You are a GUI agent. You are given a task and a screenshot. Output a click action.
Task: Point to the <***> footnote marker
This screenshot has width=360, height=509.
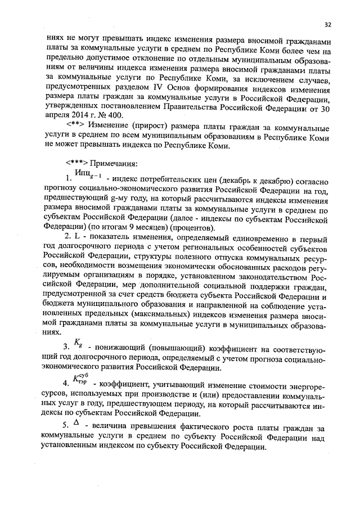pyautogui.click(x=76, y=164)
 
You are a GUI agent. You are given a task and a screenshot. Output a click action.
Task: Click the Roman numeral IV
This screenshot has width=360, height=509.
pyautogui.click(x=161, y=88)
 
